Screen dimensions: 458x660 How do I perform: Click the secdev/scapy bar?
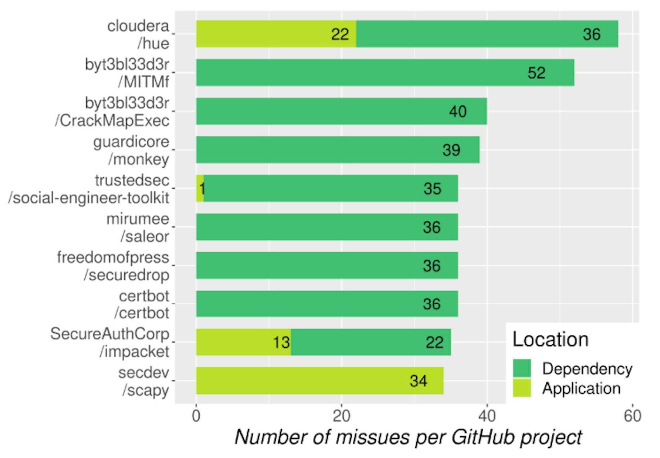tap(320, 381)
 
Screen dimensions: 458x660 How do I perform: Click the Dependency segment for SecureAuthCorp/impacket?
tap(371, 342)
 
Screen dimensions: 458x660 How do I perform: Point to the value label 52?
tap(536, 73)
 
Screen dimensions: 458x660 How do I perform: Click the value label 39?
tap(451, 150)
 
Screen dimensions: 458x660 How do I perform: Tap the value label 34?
tap(418, 381)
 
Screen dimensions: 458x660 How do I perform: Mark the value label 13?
tap(281, 343)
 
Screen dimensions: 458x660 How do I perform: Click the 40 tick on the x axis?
tap(487, 416)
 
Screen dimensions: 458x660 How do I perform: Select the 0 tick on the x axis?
tap(196, 416)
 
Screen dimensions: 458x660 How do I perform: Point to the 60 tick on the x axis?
tap(632, 416)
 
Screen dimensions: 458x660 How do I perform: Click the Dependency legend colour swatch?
tap(522, 368)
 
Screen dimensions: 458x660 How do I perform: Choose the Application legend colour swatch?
tap(522, 388)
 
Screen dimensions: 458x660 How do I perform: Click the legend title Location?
tap(550, 339)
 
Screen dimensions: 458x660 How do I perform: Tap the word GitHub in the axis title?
tap(483, 437)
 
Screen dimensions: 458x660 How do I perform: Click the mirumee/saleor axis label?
tap(137, 227)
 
